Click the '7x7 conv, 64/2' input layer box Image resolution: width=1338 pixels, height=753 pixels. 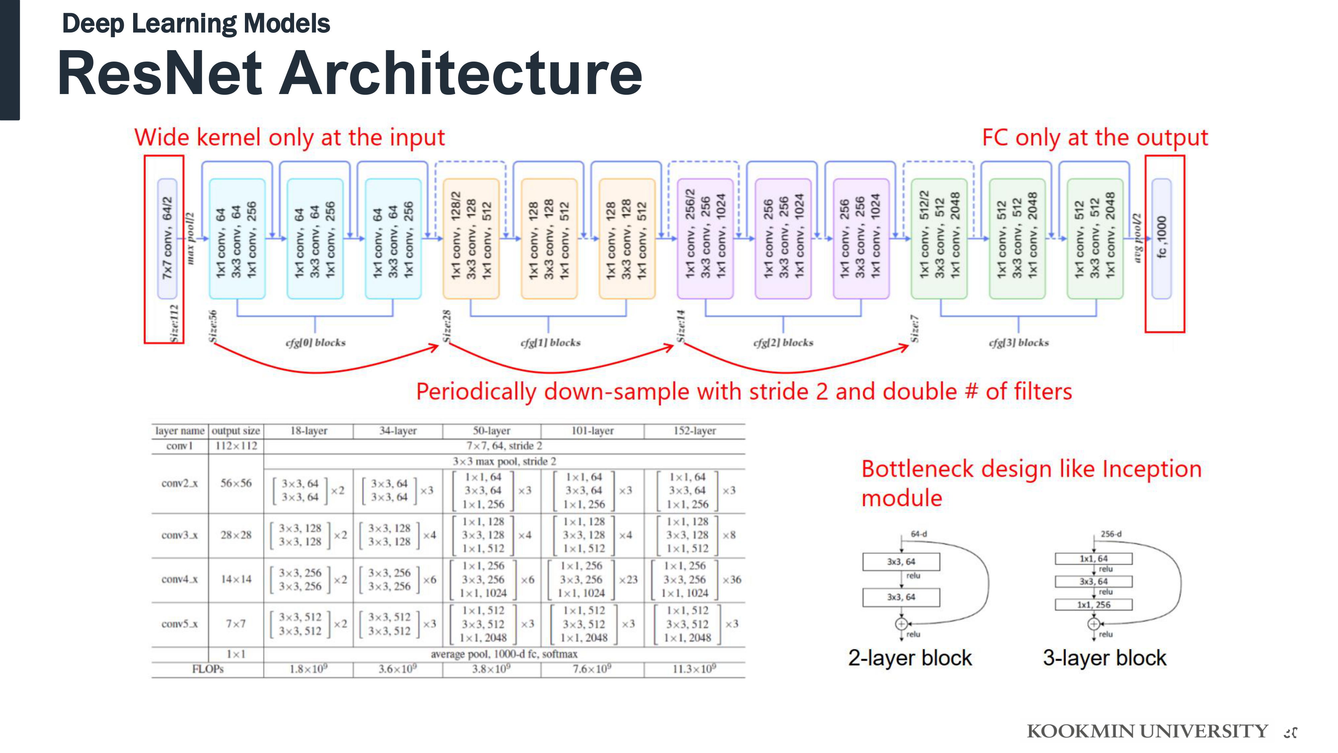pyautogui.click(x=167, y=239)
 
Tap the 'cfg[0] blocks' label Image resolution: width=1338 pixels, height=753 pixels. pyautogui.click(x=315, y=342)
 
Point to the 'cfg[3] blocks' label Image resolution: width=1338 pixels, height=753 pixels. pyautogui.click(x=1018, y=342)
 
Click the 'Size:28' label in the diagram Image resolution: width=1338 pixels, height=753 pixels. pyautogui.click(x=447, y=326)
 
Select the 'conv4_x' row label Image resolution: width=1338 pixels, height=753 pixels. pyautogui.click(x=179, y=579)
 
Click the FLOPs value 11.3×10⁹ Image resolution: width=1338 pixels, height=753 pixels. pyautogui.click(x=694, y=669)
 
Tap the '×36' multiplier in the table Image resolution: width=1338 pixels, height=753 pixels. pyautogui.click(x=731, y=579)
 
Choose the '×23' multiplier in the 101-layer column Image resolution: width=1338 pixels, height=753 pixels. pyautogui.click(x=628, y=579)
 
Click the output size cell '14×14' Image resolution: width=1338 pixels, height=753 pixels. pyautogui.click(x=236, y=579)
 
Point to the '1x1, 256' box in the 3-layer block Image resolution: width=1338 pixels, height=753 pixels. pyautogui.click(x=1093, y=604)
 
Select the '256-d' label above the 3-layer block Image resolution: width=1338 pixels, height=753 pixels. pyautogui.click(x=1111, y=534)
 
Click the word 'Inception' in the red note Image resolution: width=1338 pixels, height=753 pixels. pyautogui.click(x=1152, y=469)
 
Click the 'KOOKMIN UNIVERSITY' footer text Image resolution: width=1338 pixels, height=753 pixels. pyautogui.click(x=1147, y=731)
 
